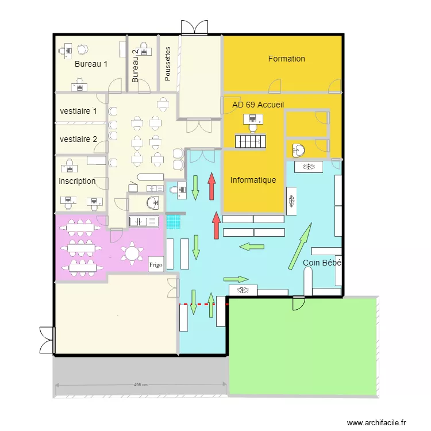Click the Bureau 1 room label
(91, 64)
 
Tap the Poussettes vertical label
(167, 64)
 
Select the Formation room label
(286, 59)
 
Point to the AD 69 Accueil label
(258, 105)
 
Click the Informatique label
(253, 180)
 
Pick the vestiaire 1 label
(78, 111)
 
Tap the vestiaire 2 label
(78, 139)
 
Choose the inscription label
(77, 181)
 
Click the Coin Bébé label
(322, 263)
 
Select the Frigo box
(156, 264)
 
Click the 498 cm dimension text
(141, 385)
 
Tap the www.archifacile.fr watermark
(376, 423)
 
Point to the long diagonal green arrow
(300, 247)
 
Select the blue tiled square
(174, 222)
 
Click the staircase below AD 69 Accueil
(251, 141)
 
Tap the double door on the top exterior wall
(195, 28)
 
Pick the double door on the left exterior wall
(47, 340)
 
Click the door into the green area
(299, 303)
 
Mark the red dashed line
(204, 304)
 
